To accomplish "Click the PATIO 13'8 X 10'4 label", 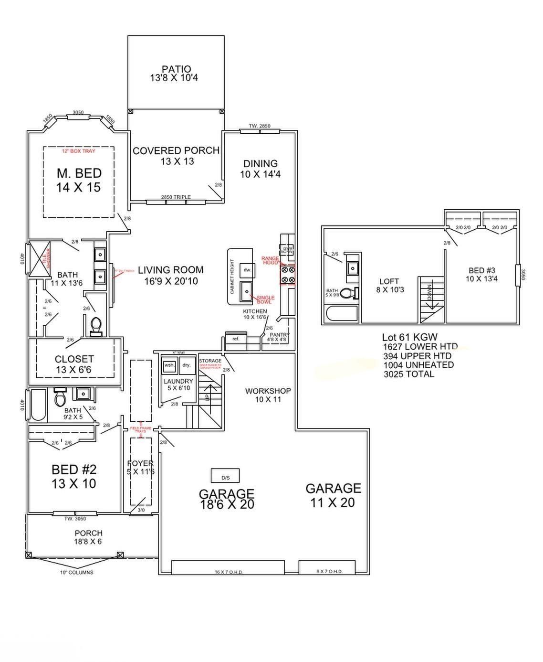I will (176, 74).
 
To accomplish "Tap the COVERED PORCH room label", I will (176, 156).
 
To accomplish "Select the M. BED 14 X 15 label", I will (79, 180).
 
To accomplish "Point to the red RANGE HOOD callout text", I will (270, 260).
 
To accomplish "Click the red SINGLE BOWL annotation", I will (265, 299).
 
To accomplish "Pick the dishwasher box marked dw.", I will (247, 270).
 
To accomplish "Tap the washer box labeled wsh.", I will (169, 365).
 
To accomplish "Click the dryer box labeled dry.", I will (186, 365).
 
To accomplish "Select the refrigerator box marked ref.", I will (236, 339).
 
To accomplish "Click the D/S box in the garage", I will (225, 476).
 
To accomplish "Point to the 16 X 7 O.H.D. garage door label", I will (229, 572).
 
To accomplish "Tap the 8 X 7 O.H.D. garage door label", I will (329, 572).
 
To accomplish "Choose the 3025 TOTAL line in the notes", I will (409, 374).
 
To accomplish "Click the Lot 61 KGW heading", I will (409, 337).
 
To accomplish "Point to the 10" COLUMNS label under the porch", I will (76, 572).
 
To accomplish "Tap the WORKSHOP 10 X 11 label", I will (268, 395).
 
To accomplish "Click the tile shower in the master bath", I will (40, 259).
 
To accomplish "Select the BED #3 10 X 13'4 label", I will (481, 275).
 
